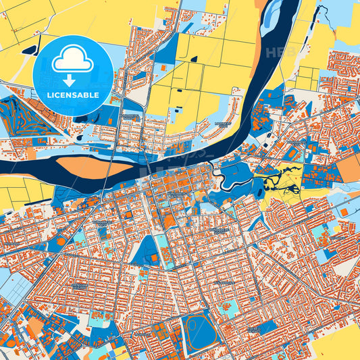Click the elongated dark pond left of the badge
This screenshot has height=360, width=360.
tap(28, 49)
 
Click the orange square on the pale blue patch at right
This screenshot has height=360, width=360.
tap(344, 212)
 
